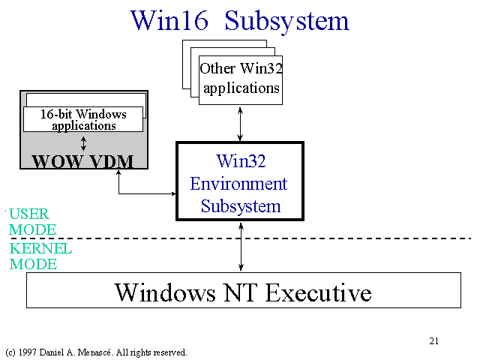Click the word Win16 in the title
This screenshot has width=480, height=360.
click(169, 20)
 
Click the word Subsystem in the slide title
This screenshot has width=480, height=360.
click(286, 21)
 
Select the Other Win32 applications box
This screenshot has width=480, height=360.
click(241, 80)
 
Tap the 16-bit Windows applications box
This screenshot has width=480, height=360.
click(83, 119)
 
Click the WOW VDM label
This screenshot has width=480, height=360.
click(83, 161)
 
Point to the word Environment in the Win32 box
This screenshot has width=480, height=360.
click(238, 184)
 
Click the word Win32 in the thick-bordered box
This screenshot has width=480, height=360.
click(241, 160)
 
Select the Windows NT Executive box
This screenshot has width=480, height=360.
click(244, 290)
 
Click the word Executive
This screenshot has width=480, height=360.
click(318, 292)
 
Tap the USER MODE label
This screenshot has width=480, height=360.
click(32, 222)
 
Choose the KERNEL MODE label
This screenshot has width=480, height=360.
click(40, 256)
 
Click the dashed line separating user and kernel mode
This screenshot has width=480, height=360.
click(241, 238)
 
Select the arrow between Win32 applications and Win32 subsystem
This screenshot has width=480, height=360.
click(240, 124)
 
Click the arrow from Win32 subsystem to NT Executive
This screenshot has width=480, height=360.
click(241, 247)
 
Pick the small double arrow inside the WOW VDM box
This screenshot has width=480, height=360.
click(83, 143)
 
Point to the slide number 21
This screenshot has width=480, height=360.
click(433, 341)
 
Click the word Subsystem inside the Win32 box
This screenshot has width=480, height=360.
click(241, 207)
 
